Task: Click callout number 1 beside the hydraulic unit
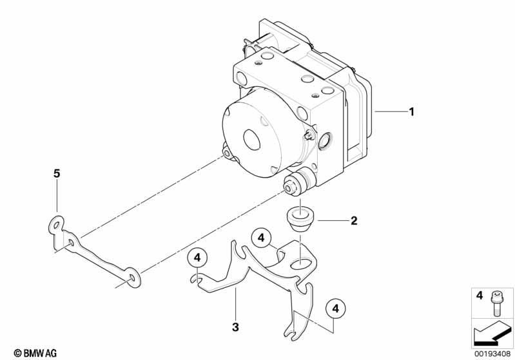coord(411,112)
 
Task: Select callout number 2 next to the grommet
coord(354,220)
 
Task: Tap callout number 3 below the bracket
coord(235,327)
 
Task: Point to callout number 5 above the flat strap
coord(57,174)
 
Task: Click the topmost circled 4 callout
coord(261,238)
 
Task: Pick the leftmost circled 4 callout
coord(197,258)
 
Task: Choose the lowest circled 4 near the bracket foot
coord(335,309)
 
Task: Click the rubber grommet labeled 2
coord(300,218)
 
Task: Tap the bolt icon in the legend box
coord(496,304)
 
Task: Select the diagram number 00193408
coord(492,354)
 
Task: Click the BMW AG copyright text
coord(35,353)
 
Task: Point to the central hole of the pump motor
coord(252,138)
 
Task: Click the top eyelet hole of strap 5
coord(57,225)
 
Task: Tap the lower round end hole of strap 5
coord(132,278)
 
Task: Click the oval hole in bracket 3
coord(302,264)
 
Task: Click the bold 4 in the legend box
coord(480,296)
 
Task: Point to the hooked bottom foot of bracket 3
coord(293,333)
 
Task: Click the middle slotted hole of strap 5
coord(71,243)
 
